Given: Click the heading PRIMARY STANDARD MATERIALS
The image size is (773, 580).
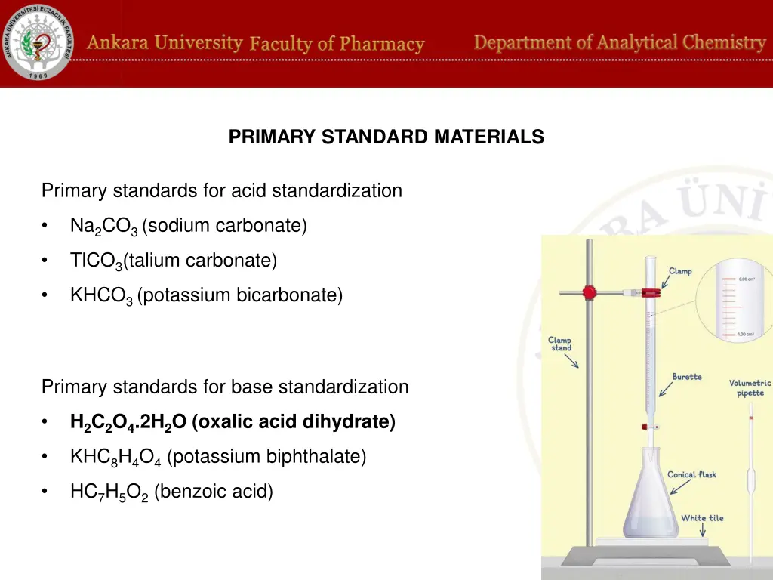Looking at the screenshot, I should coord(386,137).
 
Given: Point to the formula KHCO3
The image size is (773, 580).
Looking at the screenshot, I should coord(102,295).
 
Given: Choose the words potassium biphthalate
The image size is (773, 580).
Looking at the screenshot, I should coord(266,456).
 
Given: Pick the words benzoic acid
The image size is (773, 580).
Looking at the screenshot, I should coord(214,492).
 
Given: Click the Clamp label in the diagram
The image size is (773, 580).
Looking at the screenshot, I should coord(679,271).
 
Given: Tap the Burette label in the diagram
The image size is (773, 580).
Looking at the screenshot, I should coord(687,377).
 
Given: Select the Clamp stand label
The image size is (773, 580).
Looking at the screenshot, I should coord(560,344).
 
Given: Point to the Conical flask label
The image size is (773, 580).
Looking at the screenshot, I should coord(691,475).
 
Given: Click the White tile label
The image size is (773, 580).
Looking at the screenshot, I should coord(702,518).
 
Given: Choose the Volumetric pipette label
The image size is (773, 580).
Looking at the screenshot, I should coord(750,387).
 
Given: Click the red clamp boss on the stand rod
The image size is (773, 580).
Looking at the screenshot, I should coord(590,292).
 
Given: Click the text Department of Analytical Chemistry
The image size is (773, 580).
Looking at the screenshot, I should coord(619,43).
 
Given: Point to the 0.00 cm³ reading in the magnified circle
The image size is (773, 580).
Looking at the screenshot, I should coord(746,279).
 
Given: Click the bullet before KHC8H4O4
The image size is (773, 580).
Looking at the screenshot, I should coord(46,457).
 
